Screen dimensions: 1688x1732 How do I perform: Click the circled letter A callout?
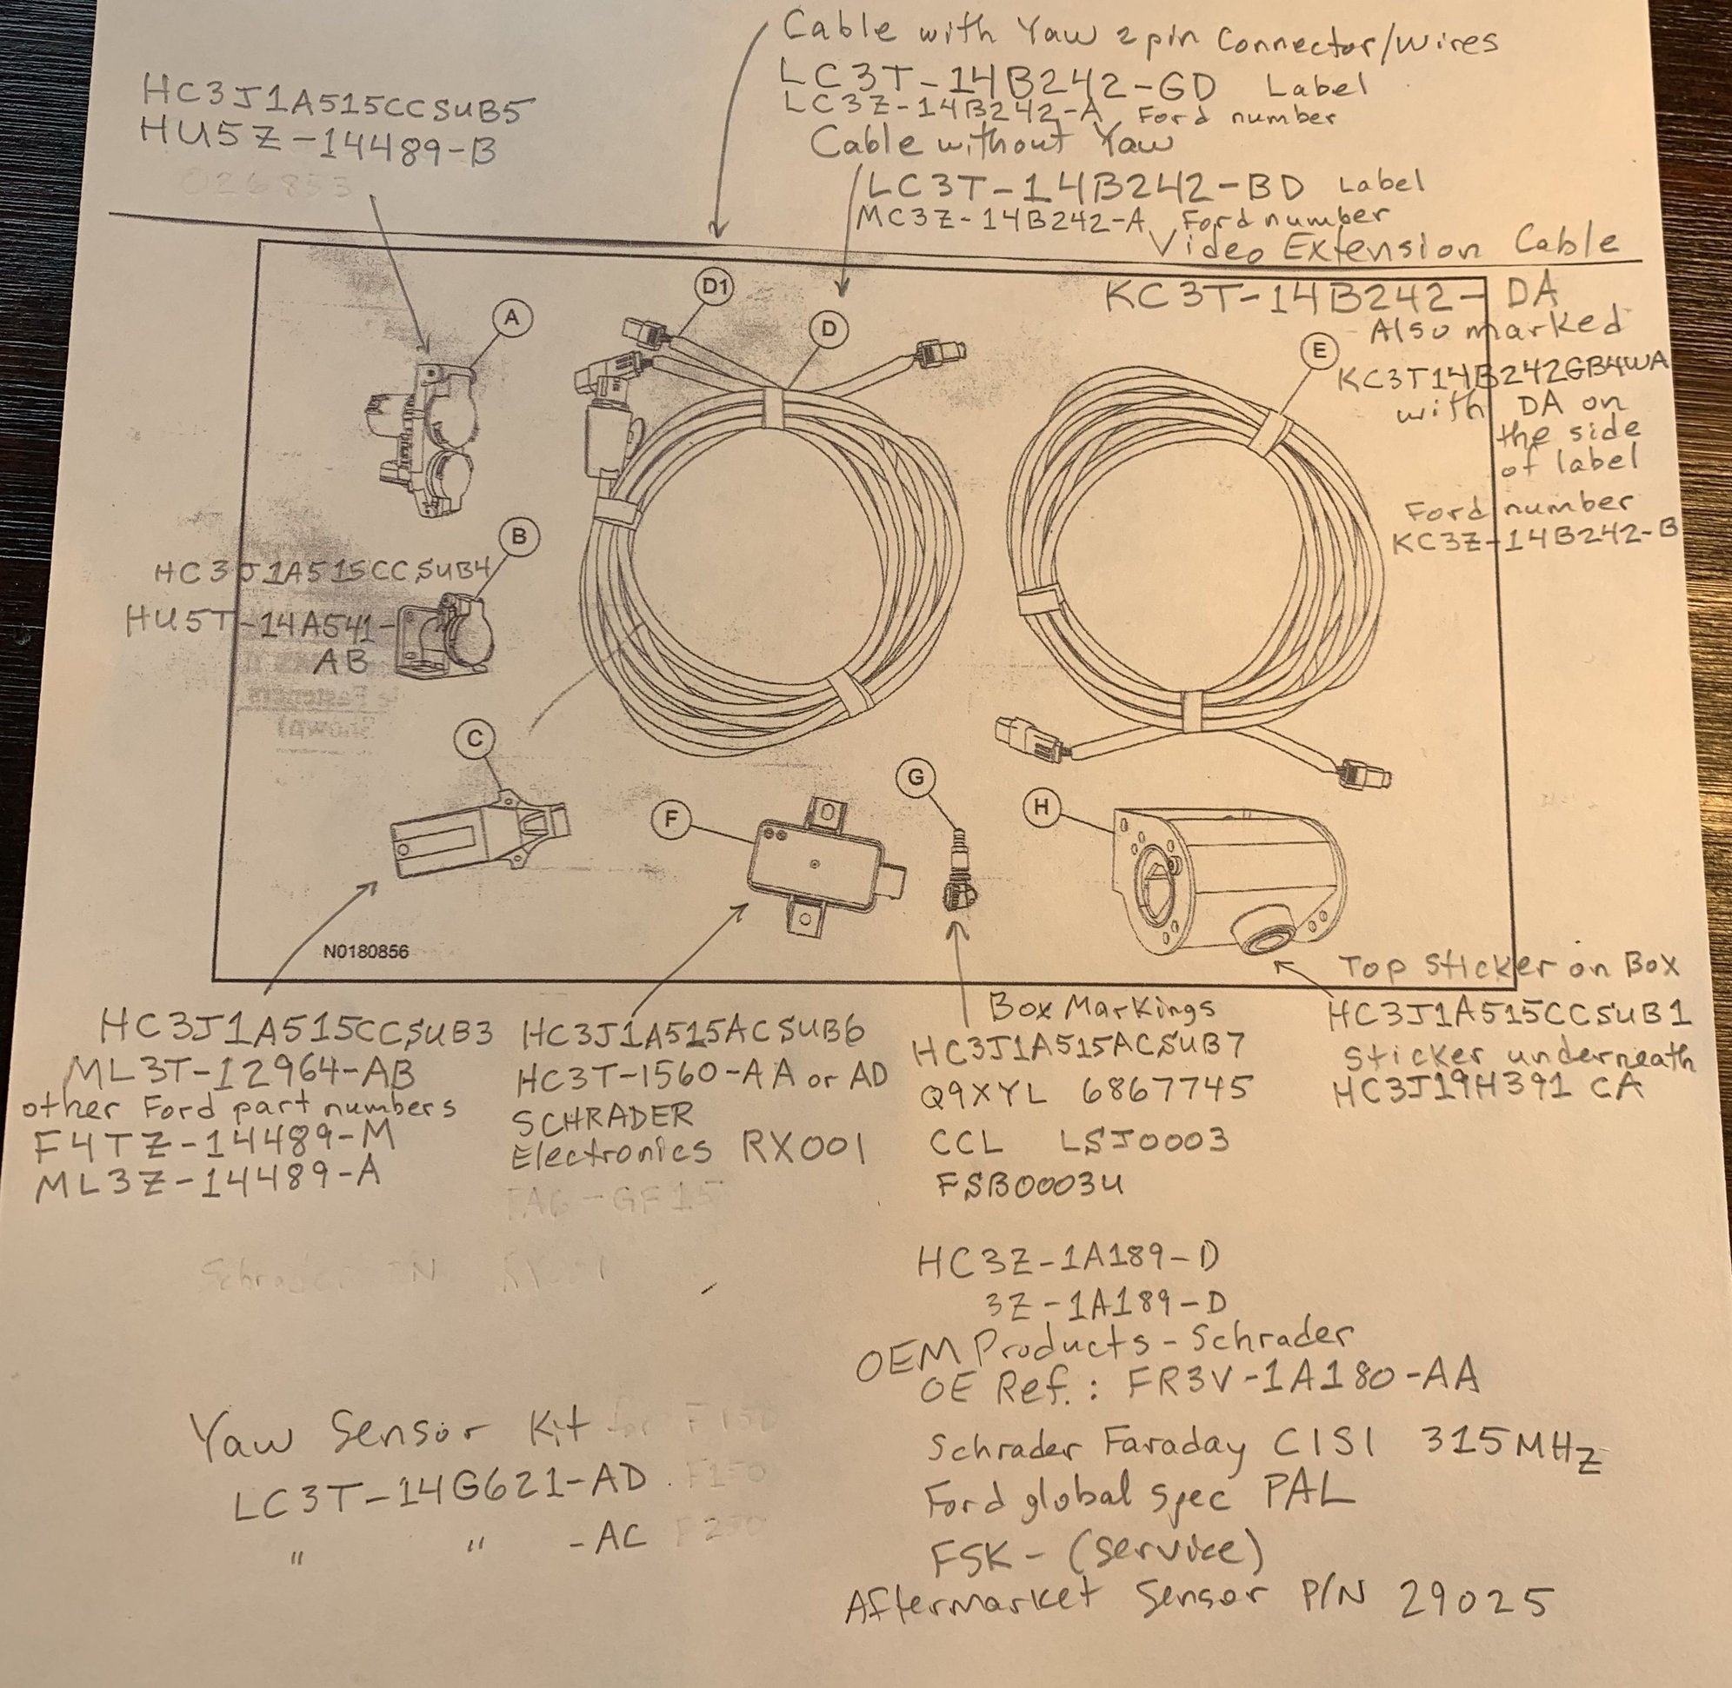pos(512,317)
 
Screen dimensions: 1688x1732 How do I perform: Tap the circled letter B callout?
pos(520,536)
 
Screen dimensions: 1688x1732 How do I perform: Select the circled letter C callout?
pos(475,738)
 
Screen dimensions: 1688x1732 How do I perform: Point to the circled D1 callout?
pos(714,287)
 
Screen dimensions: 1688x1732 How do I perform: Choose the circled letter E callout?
pos(1319,351)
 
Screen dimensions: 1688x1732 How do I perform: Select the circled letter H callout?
pos(1042,807)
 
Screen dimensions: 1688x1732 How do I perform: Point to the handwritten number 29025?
pos(1475,1599)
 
